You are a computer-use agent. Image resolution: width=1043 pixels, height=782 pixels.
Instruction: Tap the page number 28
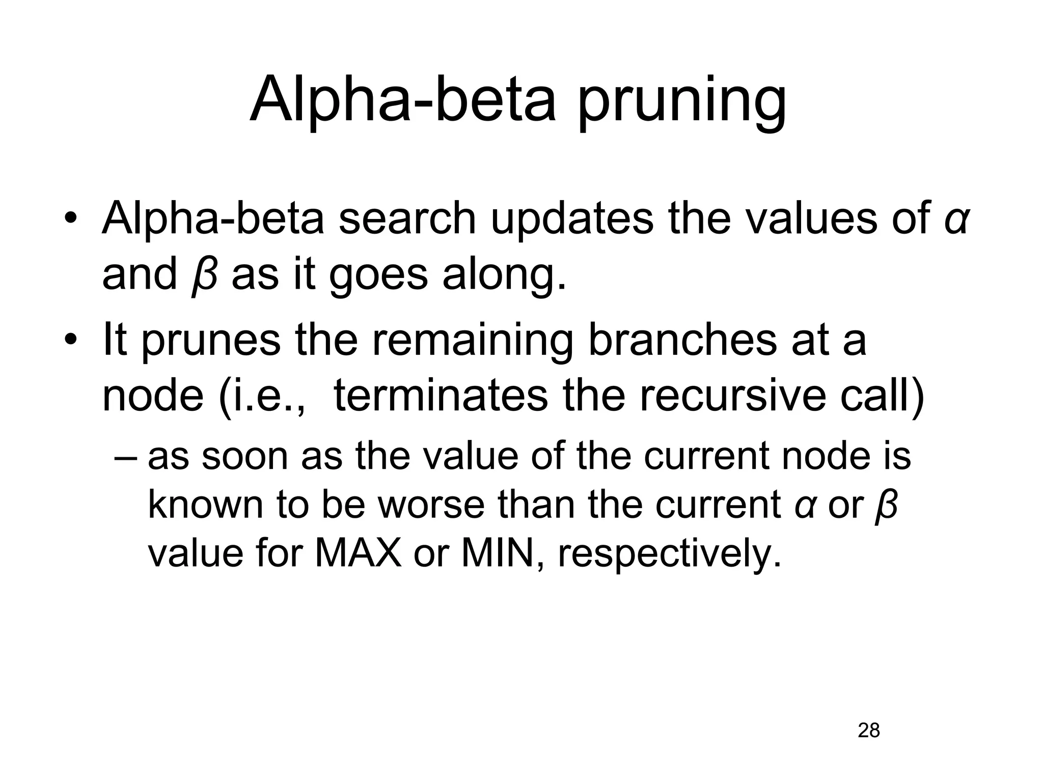869,731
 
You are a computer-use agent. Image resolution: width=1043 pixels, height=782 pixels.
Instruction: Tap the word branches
682,341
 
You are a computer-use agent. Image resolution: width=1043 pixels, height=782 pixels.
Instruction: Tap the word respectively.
669,554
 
